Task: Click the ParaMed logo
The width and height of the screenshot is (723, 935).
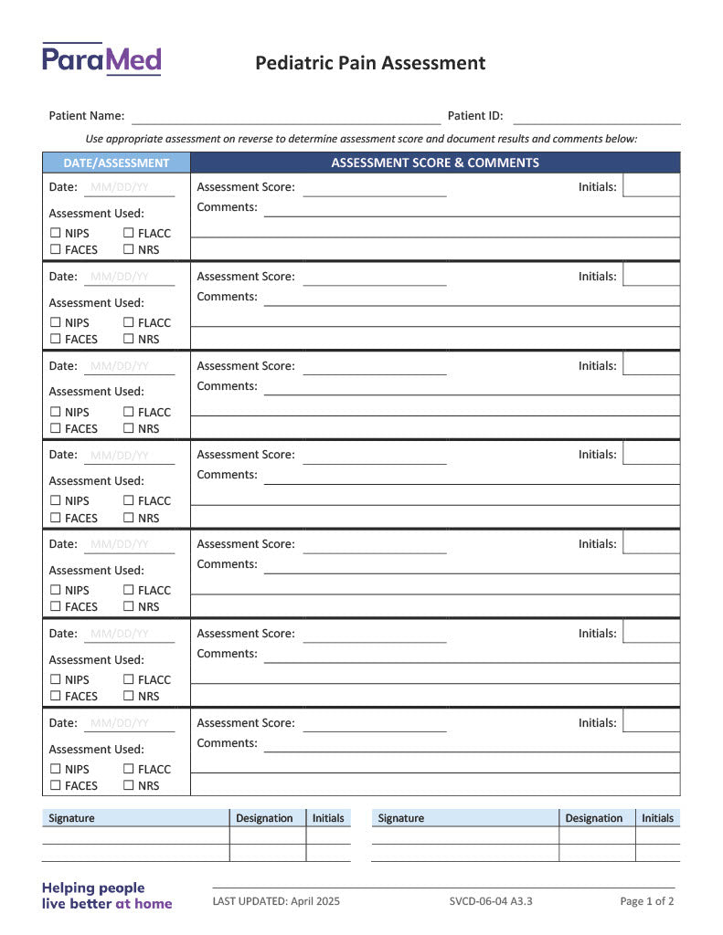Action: pos(101,60)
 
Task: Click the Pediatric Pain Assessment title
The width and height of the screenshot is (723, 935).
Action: pos(370,63)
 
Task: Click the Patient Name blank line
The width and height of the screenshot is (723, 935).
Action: pos(286,117)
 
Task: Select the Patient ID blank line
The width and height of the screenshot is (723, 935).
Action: pos(596,117)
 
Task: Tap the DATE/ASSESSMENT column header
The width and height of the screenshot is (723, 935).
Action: pos(116,163)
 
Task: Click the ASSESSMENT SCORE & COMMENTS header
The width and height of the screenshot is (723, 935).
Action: pos(435,163)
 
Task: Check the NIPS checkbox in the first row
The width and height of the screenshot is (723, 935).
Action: pos(56,233)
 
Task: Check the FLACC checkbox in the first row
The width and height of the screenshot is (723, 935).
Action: pos(129,233)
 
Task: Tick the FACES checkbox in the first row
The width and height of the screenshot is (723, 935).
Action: pos(56,249)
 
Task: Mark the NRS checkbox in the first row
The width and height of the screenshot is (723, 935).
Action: pos(129,249)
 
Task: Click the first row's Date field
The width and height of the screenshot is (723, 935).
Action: pos(129,188)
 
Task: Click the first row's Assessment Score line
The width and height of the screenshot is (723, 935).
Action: pos(375,189)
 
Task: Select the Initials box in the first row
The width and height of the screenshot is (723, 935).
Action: pos(651,185)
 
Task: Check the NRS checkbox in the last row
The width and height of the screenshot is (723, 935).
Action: pos(129,785)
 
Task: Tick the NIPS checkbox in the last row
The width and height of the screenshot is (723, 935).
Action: pos(56,769)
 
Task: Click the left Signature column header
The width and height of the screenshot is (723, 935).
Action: pos(71,818)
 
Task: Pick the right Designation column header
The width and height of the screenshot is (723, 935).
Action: pos(594,818)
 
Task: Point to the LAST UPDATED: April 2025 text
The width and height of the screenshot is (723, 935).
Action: pos(276,901)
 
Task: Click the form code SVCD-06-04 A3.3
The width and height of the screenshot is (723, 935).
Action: pos(491,901)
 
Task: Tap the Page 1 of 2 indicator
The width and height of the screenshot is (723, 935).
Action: pos(647,901)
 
